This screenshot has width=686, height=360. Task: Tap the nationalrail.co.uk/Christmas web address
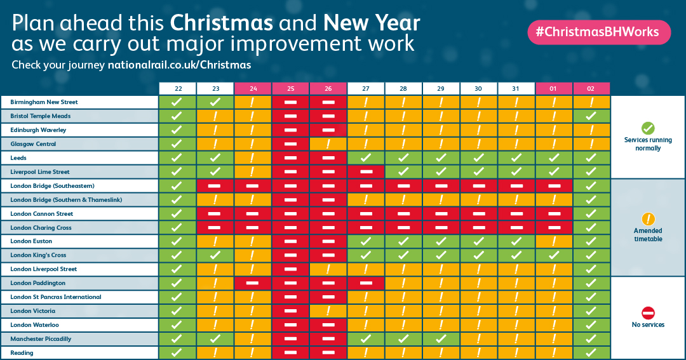(x=179, y=65)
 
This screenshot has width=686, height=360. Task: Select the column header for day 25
(x=290, y=88)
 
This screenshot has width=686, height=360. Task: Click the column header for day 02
(x=591, y=88)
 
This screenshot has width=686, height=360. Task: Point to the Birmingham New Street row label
(x=44, y=102)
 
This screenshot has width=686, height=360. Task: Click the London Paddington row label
(x=37, y=283)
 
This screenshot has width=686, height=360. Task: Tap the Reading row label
(x=22, y=353)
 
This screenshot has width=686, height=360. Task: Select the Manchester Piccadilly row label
(x=41, y=339)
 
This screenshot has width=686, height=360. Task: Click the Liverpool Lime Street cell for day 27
(x=366, y=172)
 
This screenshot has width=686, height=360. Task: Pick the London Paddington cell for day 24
(x=253, y=283)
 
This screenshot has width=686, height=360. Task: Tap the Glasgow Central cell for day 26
(x=328, y=144)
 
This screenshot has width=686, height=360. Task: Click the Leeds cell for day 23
(x=215, y=158)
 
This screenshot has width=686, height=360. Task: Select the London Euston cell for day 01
(x=554, y=241)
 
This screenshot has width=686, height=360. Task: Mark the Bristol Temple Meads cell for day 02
(x=591, y=116)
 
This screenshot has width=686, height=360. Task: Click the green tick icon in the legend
(x=648, y=128)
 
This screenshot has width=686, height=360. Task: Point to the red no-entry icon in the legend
(x=648, y=312)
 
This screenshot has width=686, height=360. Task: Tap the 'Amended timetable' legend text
(x=648, y=235)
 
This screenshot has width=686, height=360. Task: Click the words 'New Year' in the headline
(x=372, y=23)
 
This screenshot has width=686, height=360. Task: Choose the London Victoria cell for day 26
(x=328, y=311)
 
